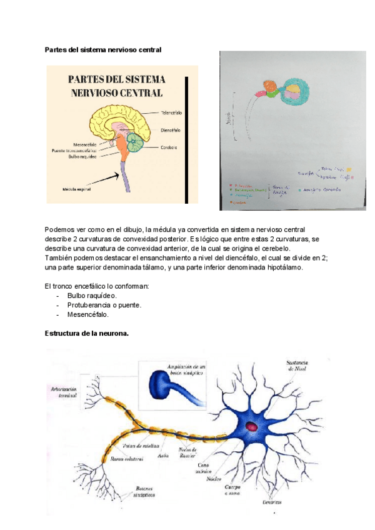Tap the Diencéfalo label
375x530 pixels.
coord(171,130)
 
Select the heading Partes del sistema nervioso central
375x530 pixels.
coord(103,49)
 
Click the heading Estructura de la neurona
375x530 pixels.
coord(87,333)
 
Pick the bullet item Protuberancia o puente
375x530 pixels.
coord(104,305)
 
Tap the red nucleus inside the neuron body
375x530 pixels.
coord(252,427)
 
